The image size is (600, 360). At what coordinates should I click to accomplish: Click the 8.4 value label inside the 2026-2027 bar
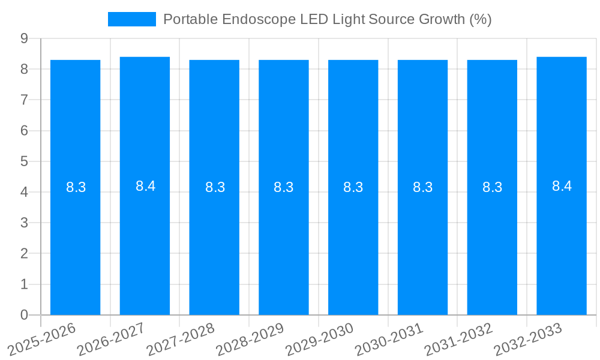point(145,186)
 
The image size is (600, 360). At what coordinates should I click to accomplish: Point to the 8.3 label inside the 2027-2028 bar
point(215,187)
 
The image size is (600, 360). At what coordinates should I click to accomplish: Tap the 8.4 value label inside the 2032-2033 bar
point(562,186)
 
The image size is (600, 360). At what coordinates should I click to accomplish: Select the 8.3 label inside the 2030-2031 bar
point(422,187)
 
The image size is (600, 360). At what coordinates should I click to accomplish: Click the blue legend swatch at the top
point(131,19)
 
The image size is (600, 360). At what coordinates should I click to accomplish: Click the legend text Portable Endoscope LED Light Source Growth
point(327,19)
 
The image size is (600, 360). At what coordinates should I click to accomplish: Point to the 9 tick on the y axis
point(24,38)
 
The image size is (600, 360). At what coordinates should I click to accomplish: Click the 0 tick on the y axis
point(24,315)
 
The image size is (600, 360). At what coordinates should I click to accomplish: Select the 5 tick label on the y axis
point(24,161)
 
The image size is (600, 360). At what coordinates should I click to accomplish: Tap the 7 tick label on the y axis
point(24,100)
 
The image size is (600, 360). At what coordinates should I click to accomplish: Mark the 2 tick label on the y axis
point(24,253)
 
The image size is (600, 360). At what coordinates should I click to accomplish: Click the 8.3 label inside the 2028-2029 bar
point(283,187)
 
